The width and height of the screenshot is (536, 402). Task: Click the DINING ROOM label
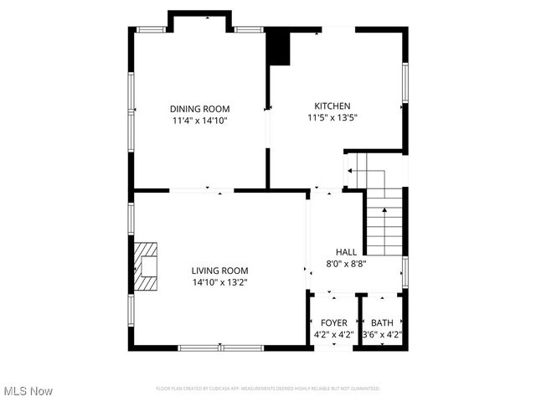click(x=199, y=109)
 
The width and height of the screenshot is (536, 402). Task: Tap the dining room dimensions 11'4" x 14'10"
click(x=199, y=121)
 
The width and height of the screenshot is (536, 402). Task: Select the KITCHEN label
click(x=332, y=106)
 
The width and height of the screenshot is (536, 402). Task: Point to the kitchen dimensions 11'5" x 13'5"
click(x=332, y=118)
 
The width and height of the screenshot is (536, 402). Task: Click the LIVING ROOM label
click(x=219, y=271)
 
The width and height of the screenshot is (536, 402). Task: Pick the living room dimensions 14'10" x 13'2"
click(x=219, y=282)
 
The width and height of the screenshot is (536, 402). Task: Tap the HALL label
click(x=346, y=252)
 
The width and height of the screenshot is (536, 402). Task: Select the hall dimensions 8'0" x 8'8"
click(x=346, y=264)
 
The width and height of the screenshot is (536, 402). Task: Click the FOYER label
click(x=333, y=322)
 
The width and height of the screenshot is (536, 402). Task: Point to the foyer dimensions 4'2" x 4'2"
click(x=333, y=334)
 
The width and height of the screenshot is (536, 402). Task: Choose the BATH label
click(x=382, y=322)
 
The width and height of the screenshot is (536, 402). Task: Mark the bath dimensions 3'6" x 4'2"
click(x=382, y=334)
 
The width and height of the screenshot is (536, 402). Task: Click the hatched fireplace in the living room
click(x=146, y=266)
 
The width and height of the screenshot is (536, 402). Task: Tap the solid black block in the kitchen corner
click(x=278, y=47)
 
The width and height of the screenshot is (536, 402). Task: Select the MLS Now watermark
click(x=28, y=391)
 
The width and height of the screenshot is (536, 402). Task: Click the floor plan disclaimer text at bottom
click(x=267, y=389)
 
